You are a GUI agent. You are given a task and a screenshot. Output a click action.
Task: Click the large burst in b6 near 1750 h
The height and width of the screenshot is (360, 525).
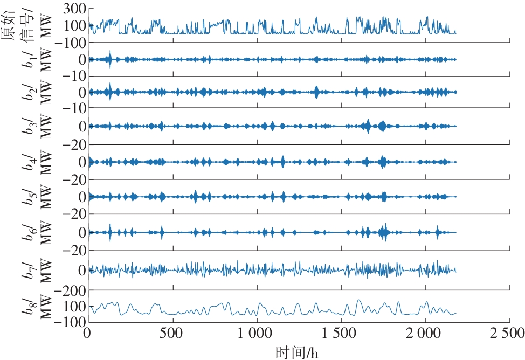(383, 232)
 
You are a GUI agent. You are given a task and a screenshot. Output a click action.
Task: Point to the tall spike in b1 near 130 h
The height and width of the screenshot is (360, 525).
(110, 59)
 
